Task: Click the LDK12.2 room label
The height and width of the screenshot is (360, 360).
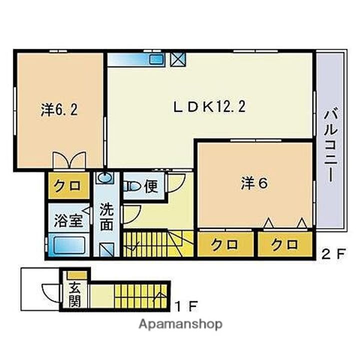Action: tap(209, 107)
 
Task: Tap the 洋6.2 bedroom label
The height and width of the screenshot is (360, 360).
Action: tap(59, 109)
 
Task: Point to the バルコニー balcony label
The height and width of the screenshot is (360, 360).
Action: tap(330, 146)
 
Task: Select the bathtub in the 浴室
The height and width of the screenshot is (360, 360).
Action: tap(69, 245)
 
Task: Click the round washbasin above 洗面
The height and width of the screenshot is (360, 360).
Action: tap(105, 177)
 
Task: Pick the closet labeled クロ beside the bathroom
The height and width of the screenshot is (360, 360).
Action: tap(68, 186)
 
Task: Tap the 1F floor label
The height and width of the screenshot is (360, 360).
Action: tap(186, 306)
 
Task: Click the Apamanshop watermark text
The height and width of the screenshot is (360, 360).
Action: tap(180, 324)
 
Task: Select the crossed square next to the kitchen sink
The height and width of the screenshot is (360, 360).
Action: tap(178, 59)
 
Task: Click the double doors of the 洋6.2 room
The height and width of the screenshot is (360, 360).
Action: tap(69, 160)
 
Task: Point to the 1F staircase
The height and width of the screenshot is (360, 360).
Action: tap(140, 296)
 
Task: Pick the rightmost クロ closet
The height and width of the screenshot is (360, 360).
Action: tap(285, 244)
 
